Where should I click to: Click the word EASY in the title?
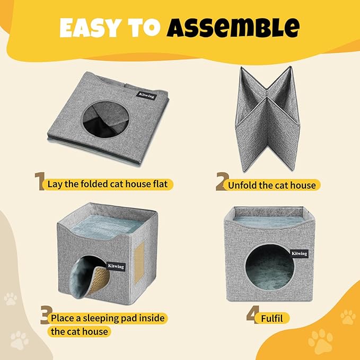(93, 28)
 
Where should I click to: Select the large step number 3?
(45, 317)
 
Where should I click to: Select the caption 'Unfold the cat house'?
(272, 185)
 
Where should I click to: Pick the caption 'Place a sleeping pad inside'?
(108, 319)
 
